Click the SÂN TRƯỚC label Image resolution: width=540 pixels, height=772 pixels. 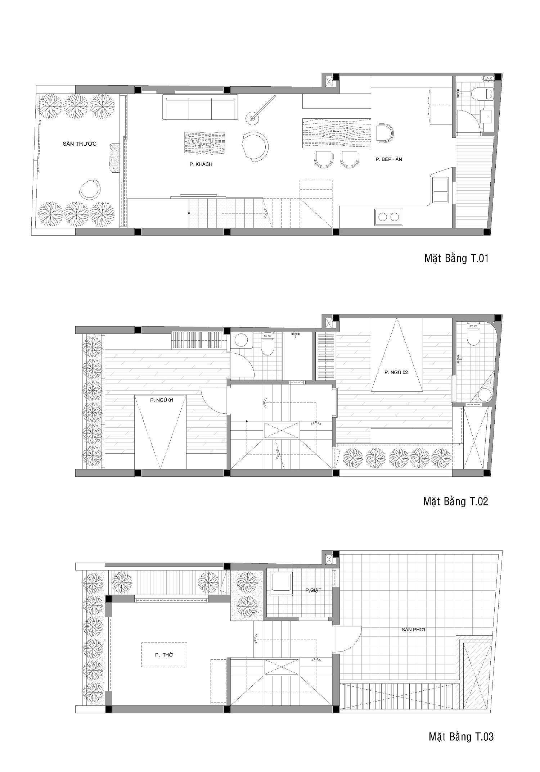(x=79, y=144)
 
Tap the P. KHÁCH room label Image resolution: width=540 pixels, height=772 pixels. (x=201, y=164)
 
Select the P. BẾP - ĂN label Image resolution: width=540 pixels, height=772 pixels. (x=389, y=159)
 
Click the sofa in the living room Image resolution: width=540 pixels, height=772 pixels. (x=200, y=107)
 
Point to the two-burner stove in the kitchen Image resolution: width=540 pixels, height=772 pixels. (x=389, y=217)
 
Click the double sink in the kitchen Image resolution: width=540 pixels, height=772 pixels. (x=441, y=190)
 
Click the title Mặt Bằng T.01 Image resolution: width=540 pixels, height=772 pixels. (x=456, y=258)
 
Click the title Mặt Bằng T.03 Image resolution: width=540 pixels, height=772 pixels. (x=461, y=736)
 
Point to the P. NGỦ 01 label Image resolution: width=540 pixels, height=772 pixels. (x=162, y=400)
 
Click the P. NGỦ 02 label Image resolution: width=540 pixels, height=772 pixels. (x=396, y=372)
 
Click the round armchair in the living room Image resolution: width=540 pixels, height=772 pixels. (x=255, y=147)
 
